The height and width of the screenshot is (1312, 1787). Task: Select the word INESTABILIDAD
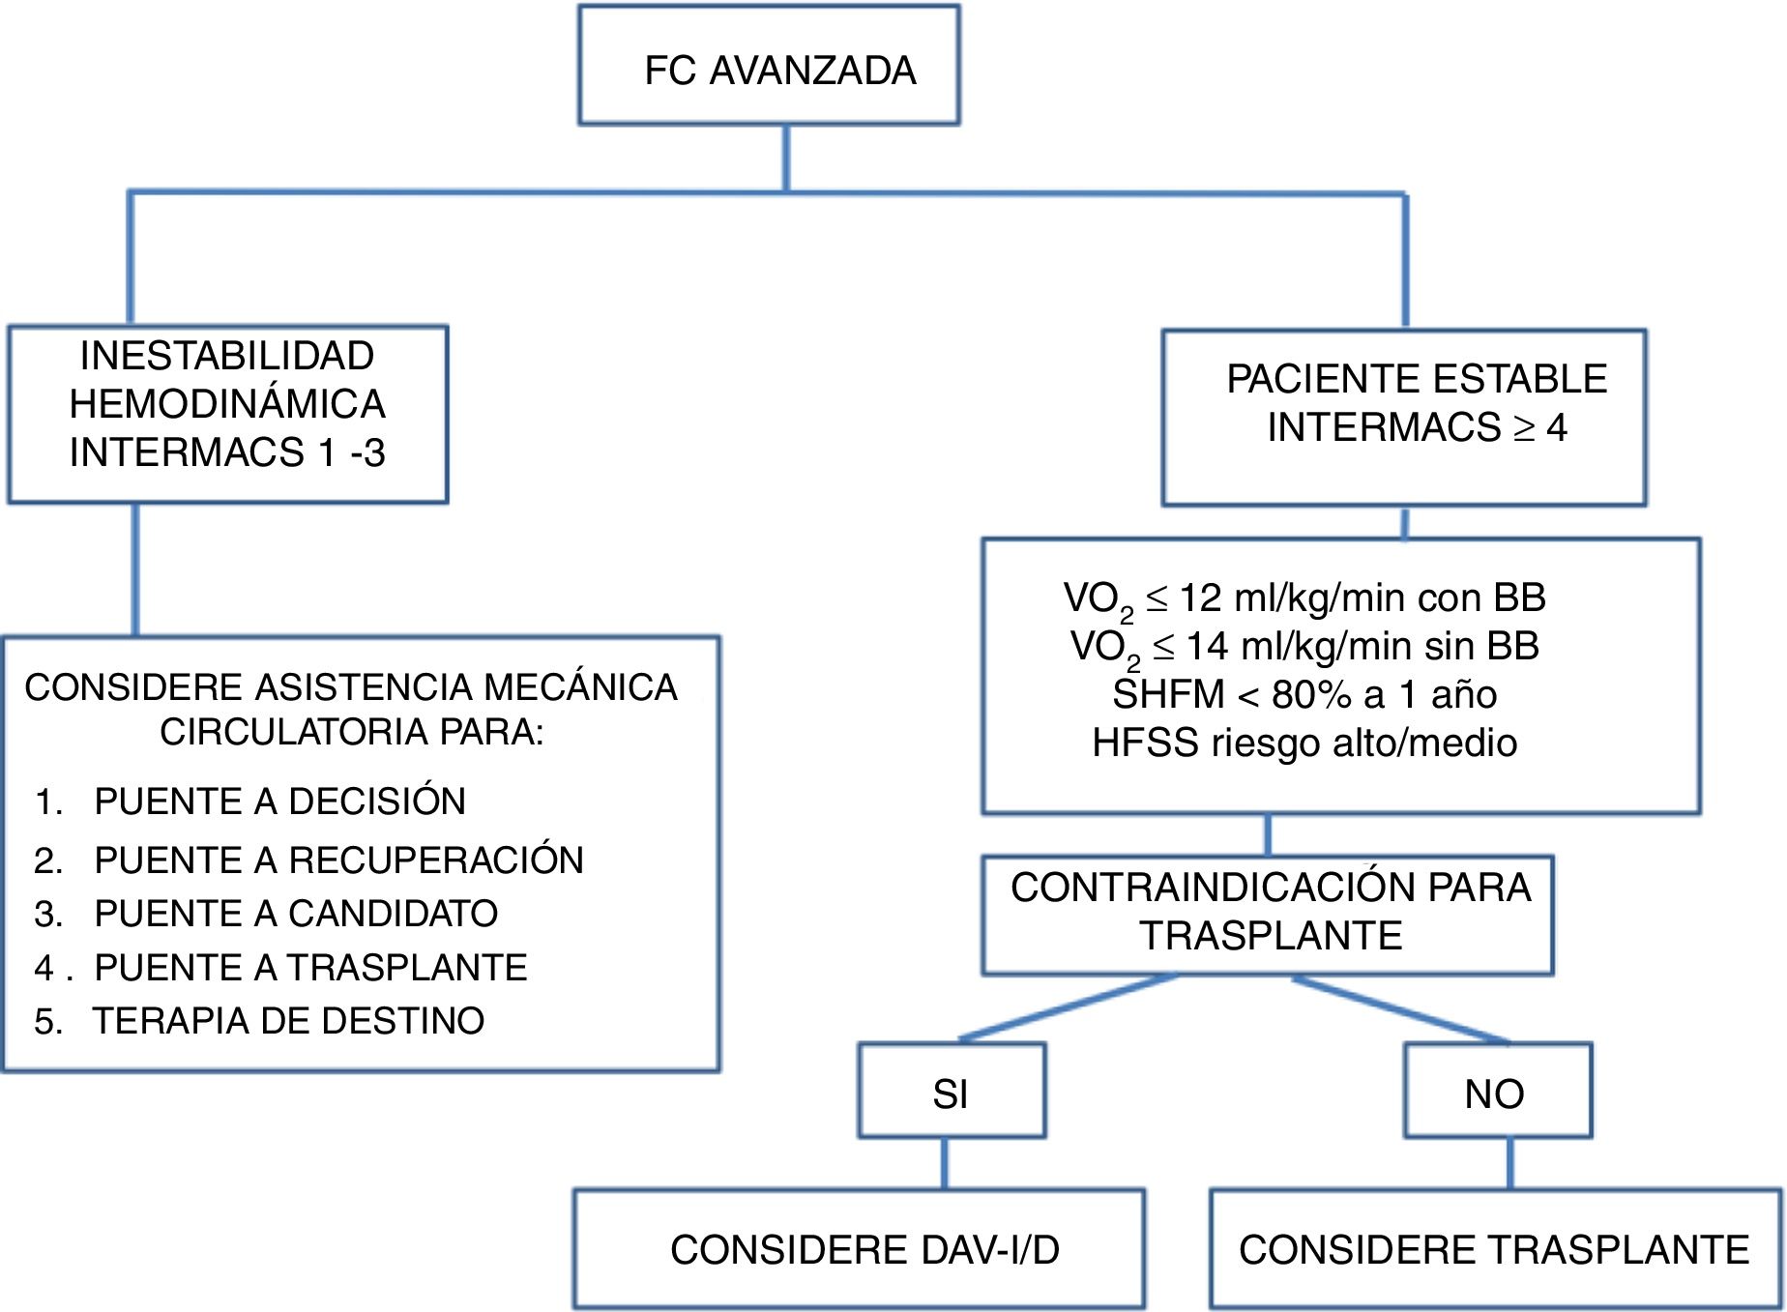coord(227,356)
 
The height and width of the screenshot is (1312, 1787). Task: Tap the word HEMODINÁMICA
coord(227,404)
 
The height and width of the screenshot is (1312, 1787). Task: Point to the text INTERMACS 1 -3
coord(227,452)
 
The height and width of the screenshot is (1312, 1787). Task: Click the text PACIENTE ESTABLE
coord(1417,379)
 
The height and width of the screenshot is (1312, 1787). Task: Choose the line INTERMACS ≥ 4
coord(1417,427)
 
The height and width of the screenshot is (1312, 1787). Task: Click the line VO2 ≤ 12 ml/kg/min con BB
coord(1304,598)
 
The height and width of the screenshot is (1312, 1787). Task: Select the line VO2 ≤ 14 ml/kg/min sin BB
coord(1304,647)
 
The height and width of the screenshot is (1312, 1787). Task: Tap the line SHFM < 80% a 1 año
coord(1304,694)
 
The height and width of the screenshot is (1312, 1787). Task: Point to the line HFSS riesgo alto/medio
coord(1304,743)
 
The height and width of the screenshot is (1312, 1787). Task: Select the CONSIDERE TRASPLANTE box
coord(1494,1249)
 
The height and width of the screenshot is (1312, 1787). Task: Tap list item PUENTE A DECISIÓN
coord(279,802)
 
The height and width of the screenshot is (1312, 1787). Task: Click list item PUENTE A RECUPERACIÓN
coord(338,860)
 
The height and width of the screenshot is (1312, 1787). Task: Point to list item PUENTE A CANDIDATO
coord(296,914)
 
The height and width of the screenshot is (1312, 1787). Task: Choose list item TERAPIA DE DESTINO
coord(288,1021)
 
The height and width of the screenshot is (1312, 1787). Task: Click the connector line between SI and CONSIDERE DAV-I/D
coord(945,1163)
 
